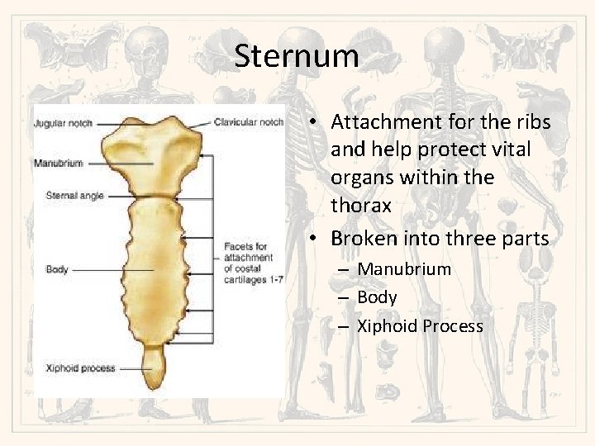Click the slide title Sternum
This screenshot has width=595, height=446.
296,56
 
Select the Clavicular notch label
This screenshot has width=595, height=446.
248,122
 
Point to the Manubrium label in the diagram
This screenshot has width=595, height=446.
58,163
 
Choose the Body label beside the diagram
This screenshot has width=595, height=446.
57,269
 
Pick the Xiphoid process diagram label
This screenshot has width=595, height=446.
81,368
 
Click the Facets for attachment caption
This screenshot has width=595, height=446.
252,263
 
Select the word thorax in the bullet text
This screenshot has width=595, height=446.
360,205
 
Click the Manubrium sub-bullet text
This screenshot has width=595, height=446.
404,269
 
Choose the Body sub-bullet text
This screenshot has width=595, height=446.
377,297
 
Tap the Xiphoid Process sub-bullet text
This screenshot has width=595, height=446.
420,326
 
